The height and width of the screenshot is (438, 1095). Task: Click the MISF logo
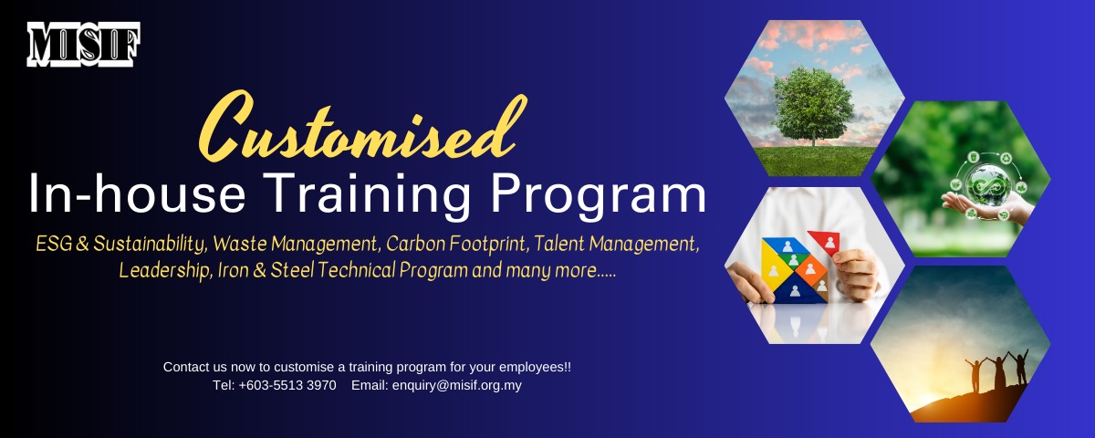click(83, 44)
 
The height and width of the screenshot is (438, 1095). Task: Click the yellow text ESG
click(53, 245)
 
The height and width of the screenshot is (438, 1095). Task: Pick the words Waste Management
click(304, 245)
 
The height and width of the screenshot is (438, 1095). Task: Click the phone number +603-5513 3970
click(287, 385)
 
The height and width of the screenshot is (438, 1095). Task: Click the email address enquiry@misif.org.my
click(456, 385)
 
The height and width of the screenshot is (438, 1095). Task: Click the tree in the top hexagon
click(812, 105)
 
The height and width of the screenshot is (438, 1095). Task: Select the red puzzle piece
click(827, 243)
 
